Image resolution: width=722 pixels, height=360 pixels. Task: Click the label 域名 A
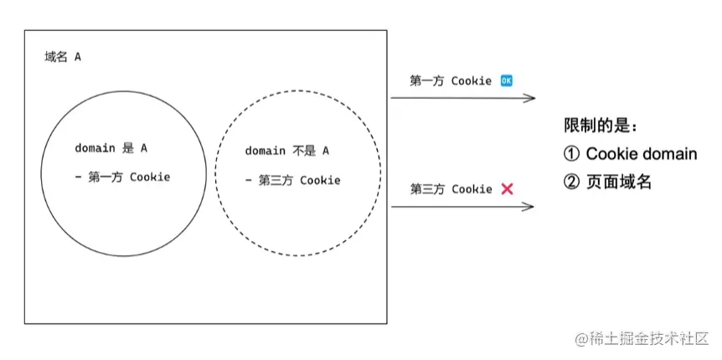point(63,57)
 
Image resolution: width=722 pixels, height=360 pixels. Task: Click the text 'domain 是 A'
point(111,148)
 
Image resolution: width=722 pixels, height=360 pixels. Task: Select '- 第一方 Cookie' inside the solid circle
point(122,177)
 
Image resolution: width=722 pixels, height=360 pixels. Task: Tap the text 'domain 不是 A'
point(286,151)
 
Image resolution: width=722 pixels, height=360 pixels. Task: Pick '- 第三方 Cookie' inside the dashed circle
point(292,180)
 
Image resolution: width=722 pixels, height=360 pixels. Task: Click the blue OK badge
point(506,80)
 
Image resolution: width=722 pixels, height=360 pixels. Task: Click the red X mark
point(507,189)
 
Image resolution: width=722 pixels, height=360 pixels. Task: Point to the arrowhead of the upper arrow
point(531,98)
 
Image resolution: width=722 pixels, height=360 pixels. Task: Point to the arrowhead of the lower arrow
point(531,205)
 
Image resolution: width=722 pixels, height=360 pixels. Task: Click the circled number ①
point(572,154)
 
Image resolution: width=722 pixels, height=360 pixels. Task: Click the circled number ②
point(572,182)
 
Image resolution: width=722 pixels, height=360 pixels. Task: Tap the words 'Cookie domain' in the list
point(641,154)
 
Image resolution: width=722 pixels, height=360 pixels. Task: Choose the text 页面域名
point(619,182)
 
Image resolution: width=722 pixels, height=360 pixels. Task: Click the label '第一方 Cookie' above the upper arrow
point(451,80)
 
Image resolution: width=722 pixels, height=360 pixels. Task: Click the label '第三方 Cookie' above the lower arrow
point(451,189)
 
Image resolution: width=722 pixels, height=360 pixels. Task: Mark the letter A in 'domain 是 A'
point(144,148)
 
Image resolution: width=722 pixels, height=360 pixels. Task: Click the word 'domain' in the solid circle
point(95,148)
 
